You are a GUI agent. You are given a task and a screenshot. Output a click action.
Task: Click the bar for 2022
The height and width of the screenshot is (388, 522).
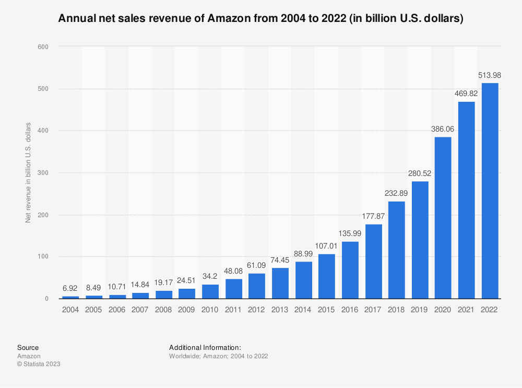[x=490, y=191]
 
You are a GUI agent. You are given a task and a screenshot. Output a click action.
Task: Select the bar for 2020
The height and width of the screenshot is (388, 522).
[x=443, y=218]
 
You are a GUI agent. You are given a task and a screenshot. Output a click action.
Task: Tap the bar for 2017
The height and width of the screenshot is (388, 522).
[x=373, y=261]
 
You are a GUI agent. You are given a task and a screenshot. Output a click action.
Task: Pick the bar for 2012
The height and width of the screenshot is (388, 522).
[x=257, y=286]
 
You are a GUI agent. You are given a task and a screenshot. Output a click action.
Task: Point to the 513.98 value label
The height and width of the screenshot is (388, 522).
[x=490, y=76]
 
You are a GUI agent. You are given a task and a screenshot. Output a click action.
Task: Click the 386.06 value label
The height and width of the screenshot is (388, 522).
[x=443, y=130]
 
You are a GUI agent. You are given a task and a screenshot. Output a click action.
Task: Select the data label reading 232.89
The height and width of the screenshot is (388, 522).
[x=397, y=194]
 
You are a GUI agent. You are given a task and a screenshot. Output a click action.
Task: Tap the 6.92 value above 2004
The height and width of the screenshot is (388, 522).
[x=70, y=288]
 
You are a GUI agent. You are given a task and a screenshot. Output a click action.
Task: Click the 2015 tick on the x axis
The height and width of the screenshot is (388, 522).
[x=327, y=310]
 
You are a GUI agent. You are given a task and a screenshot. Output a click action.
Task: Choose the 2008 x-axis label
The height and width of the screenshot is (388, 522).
[x=164, y=310]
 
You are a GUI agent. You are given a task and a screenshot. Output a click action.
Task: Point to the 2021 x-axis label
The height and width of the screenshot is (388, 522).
[x=467, y=310]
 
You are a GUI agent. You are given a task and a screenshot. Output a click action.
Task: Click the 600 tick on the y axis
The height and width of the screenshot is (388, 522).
[x=43, y=46]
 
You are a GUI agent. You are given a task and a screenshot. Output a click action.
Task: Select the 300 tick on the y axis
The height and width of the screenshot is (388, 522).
[x=43, y=173]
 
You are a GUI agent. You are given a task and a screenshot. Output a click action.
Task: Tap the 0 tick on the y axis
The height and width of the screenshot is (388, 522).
[x=46, y=299]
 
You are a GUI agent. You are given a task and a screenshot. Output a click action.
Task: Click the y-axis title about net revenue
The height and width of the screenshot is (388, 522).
[x=29, y=173]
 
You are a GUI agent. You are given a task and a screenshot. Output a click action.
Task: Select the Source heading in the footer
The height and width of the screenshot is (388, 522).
[x=28, y=347]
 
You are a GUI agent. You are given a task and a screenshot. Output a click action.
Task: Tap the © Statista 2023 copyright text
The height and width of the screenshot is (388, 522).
[x=39, y=364]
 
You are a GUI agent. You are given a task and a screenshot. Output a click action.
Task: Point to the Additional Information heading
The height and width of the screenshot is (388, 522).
[x=205, y=347]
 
